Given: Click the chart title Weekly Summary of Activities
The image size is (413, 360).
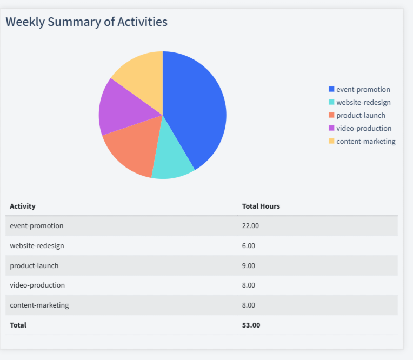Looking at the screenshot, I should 86,22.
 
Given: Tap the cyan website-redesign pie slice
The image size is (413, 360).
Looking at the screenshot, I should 171,159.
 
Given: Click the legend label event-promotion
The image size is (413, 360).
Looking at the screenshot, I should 363,90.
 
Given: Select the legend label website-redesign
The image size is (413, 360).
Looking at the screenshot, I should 363,103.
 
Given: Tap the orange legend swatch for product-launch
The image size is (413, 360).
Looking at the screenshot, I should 331,115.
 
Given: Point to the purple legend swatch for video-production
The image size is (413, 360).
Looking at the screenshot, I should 331,128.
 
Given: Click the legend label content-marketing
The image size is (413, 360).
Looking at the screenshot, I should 365,142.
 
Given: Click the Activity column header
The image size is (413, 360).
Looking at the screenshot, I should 23,206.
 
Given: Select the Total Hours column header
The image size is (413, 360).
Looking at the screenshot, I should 261,206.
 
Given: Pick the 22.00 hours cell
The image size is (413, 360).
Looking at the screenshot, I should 250,226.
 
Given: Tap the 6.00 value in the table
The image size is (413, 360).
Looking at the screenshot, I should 249,246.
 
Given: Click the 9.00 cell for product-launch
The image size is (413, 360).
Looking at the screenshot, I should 249,266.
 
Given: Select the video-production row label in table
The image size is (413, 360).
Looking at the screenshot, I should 37,285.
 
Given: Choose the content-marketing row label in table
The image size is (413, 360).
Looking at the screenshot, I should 39,305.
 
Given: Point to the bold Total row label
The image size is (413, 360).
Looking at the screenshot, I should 18,325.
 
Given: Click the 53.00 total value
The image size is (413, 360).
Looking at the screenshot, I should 251,325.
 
